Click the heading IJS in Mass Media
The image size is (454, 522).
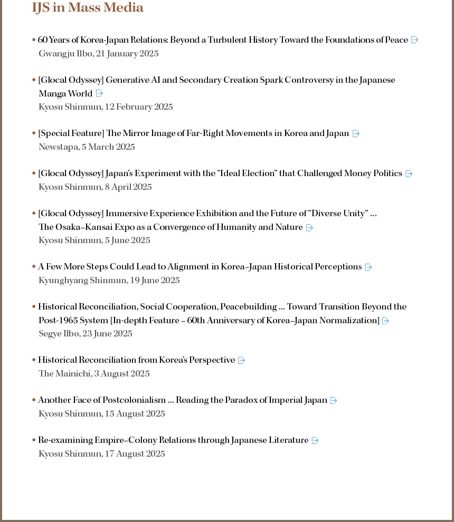point(88,7)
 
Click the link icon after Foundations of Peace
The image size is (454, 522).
point(414,40)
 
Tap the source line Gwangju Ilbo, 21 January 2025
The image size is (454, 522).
point(98,53)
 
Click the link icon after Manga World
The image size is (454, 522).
point(99,93)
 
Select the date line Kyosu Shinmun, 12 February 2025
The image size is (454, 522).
point(106,107)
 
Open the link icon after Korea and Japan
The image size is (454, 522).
point(356,133)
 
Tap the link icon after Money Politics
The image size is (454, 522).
point(409,173)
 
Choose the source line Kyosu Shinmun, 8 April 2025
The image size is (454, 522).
point(95,187)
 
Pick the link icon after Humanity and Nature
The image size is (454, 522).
point(309,227)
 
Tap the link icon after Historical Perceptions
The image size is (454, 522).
point(368,267)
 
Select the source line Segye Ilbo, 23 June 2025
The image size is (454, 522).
point(85,333)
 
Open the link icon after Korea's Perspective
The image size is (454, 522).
point(241,360)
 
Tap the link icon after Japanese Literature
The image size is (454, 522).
point(315,440)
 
